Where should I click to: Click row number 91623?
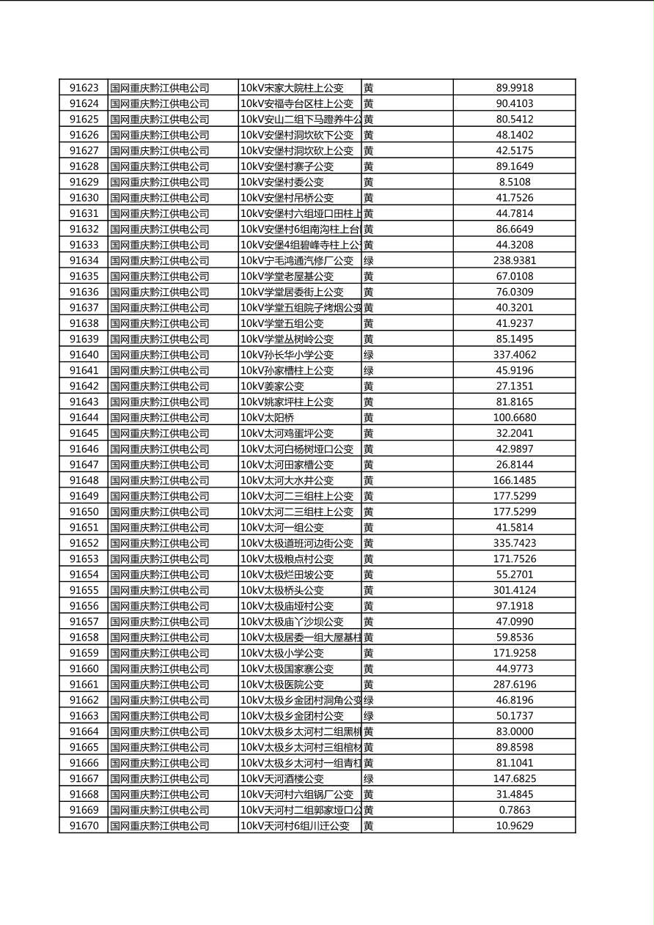84,88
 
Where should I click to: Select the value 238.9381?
514,260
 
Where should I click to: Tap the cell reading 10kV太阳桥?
268,418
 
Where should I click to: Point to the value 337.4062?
514,355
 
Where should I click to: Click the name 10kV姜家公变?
272,386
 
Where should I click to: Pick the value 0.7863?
514,810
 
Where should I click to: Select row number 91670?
84,826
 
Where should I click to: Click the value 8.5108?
514,182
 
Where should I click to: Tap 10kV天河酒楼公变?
282,779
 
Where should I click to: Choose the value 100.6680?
514,418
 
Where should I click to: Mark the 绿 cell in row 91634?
369,260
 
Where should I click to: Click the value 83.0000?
514,731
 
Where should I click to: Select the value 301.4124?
514,590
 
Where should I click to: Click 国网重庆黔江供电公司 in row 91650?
160,512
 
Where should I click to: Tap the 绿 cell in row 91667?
369,779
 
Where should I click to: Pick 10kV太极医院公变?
282,685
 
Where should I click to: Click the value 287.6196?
514,685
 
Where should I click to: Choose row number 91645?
84,433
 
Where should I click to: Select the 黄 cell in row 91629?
369,182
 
